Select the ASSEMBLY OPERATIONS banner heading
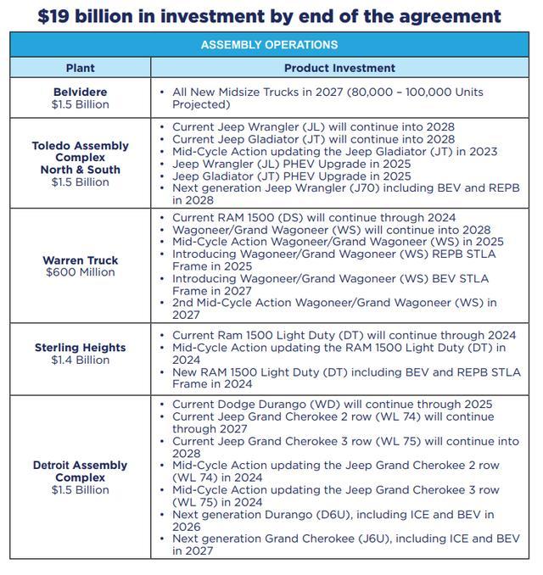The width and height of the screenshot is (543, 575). pyautogui.click(x=269, y=45)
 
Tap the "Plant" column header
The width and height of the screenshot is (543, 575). pyautogui.click(x=81, y=68)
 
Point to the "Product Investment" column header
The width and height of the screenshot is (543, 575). pyautogui.click(x=339, y=68)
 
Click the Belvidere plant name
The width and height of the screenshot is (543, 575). pyautogui.click(x=81, y=92)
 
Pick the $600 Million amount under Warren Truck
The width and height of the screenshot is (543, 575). pyautogui.click(x=81, y=272)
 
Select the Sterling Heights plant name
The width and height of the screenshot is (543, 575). pyautogui.click(x=81, y=348)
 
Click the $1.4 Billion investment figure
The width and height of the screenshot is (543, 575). pyautogui.click(x=81, y=360)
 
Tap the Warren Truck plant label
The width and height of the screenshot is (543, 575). pyautogui.click(x=81, y=260)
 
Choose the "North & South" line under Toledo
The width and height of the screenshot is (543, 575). pyautogui.click(x=81, y=170)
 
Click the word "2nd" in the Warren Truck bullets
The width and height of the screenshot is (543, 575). pyautogui.click(x=184, y=302)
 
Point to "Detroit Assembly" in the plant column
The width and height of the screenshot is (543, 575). pyautogui.click(x=81, y=466)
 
